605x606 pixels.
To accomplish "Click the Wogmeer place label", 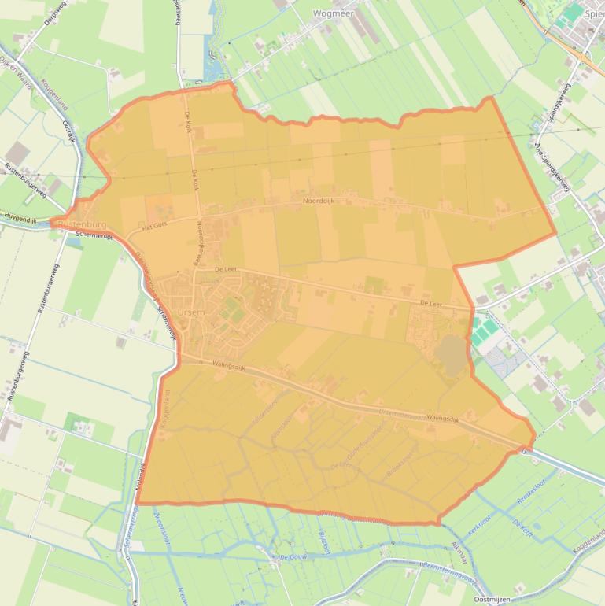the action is click(x=334, y=13).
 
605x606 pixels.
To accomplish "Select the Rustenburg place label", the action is click(x=82, y=224).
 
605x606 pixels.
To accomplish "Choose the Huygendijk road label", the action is click(x=20, y=215).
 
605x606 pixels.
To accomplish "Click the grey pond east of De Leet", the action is click(x=451, y=355).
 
